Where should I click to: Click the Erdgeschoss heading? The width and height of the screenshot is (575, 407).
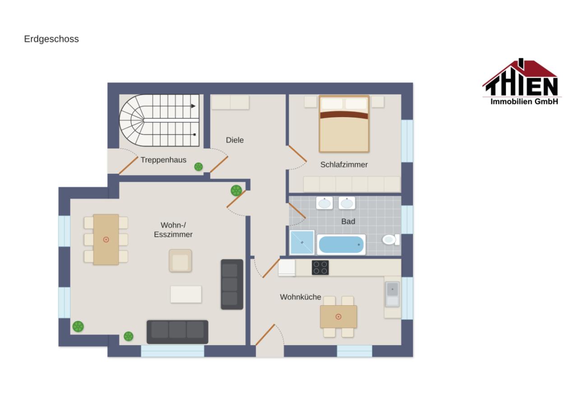point(51,39)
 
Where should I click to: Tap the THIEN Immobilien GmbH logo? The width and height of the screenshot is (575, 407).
point(522,82)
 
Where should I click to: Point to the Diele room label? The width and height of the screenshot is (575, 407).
point(235,140)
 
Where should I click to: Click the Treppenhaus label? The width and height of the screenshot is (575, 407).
point(163,160)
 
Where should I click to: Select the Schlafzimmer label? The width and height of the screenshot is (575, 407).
point(344,165)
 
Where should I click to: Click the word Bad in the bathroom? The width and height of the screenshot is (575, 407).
point(348,221)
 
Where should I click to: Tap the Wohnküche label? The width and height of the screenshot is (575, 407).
point(300,297)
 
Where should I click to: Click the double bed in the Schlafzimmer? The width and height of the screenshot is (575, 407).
point(344,124)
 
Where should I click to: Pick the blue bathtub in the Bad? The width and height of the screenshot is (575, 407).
point(341,244)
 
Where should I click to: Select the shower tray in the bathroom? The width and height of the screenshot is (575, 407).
point(302,242)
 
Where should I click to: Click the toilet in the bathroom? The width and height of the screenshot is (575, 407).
point(391,240)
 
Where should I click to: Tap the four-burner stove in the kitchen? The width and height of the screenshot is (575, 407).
point(320,268)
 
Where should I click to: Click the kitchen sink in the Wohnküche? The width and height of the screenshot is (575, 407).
point(392,294)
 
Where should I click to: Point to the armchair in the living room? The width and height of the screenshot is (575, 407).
point(180,260)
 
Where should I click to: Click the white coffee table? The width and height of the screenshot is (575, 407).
point(186,294)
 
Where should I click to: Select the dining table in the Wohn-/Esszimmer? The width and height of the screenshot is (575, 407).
point(106,240)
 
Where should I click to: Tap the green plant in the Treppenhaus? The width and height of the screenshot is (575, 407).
point(199,167)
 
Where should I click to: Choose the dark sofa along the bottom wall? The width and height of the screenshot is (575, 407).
point(177,332)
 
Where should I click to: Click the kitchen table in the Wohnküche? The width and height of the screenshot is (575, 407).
point(339,317)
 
